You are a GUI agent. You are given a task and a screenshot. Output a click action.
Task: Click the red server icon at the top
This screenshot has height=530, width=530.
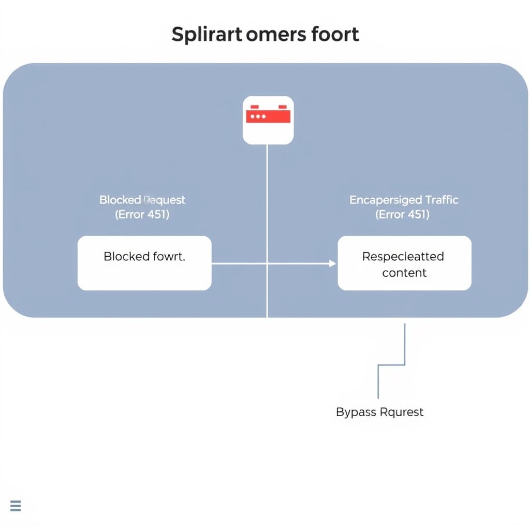pyautogui.click(x=268, y=120)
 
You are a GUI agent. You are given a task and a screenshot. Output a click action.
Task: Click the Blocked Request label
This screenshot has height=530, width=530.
pyautogui.click(x=142, y=200)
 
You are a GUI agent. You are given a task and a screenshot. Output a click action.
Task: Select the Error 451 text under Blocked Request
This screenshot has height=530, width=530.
pyautogui.click(x=142, y=214)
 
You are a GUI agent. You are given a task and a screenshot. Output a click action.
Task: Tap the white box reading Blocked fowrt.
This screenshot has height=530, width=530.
pyautogui.click(x=144, y=263)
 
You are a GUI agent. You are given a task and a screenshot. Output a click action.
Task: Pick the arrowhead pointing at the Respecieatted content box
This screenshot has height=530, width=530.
pyautogui.click(x=333, y=263)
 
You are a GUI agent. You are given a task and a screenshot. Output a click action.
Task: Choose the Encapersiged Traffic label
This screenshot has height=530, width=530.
pyautogui.click(x=404, y=200)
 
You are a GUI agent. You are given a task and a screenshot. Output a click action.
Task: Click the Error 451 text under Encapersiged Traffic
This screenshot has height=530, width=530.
pyautogui.click(x=403, y=214)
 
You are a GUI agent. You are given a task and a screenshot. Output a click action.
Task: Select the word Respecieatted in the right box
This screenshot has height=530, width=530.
pyautogui.click(x=403, y=257)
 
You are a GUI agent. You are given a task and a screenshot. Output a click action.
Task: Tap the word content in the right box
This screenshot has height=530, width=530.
pyautogui.click(x=404, y=273)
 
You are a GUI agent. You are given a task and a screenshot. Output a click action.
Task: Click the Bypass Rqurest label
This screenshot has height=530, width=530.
pyautogui.click(x=379, y=412)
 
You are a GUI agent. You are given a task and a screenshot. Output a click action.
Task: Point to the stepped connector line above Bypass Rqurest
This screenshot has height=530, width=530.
pyautogui.click(x=391, y=365)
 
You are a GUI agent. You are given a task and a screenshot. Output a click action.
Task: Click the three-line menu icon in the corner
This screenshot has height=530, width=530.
pyautogui.click(x=16, y=506)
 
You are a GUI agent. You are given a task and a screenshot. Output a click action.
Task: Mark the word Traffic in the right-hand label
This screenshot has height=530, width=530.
pyautogui.click(x=441, y=200)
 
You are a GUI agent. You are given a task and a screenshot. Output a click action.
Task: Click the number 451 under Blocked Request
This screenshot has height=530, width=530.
pyautogui.click(x=157, y=214)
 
